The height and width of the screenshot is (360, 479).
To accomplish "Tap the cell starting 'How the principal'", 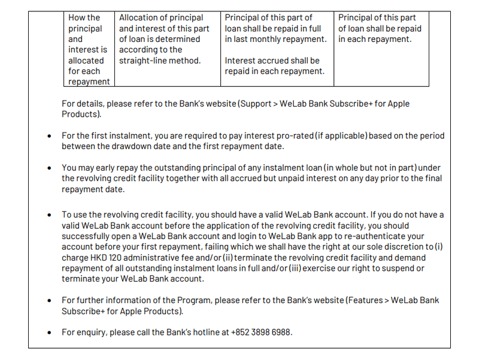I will point(89,50).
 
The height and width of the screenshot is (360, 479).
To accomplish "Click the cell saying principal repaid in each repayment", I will point(380,29).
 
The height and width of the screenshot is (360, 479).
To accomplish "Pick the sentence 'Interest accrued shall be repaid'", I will point(272,66).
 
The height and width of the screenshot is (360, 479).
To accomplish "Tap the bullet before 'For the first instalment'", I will point(50,136).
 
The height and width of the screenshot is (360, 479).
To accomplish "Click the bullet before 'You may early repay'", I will point(50,168).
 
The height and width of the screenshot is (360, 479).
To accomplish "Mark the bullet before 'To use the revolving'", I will point(50,215).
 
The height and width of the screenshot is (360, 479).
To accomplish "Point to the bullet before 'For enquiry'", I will point(50,332).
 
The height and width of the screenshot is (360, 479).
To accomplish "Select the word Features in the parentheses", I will point(363,300).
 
